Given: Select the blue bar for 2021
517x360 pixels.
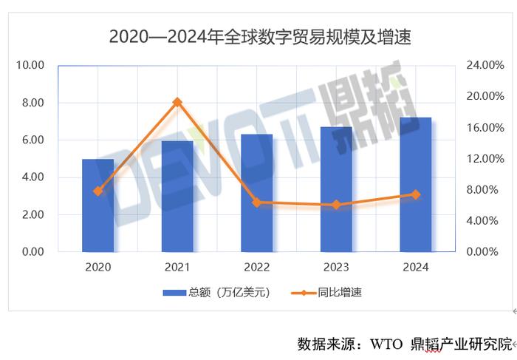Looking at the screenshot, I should coord(177,197).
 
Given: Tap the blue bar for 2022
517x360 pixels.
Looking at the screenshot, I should coord(256,193).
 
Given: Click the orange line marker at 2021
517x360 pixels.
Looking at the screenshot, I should coord(177,102).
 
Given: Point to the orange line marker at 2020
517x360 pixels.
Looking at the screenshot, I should coord(97,191).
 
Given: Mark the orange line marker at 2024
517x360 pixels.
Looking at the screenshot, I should coord(415,194).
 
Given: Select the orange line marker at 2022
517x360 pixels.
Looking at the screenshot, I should coord(256,203).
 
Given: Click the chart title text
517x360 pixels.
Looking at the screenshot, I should coord(259,35).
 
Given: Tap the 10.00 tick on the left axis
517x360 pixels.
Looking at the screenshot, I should coord(30,65).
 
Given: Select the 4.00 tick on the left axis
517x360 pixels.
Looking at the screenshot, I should coord(33,177).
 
